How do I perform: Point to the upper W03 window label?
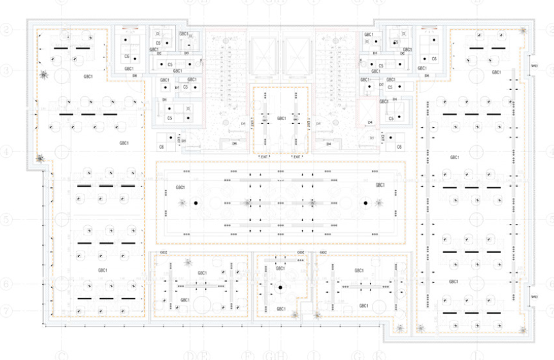pyautogui.click(x=534, y=65)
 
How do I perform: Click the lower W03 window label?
pyautogui.click(x=534, y=296)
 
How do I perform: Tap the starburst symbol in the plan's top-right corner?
pyautogui.click(x=524, y=30)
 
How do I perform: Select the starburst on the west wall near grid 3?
pyautogui.click(x=44, y=75)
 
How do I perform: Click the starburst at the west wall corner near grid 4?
pyautogui.click(x=39, y=159)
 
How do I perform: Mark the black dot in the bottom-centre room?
pyautogui.click(x=280, y=287)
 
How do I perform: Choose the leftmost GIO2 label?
pyautogui.click(x=164, y=253)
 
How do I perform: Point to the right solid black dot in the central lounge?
pyautogui.click(x=365, y=203)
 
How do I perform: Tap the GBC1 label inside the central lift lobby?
pyautogui.click(x=281, y=119)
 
